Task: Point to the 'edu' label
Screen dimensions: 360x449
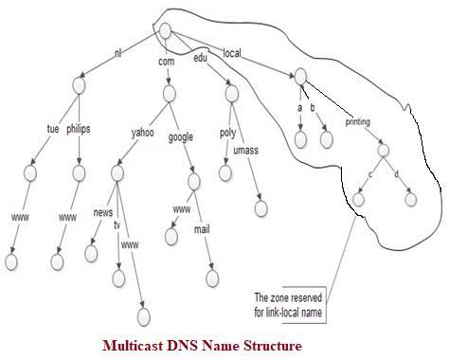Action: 200,58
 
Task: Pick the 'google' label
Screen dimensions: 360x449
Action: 181,136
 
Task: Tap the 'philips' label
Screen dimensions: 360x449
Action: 79,130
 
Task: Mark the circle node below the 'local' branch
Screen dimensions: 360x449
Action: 300,76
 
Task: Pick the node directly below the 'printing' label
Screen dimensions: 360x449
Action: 383,149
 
